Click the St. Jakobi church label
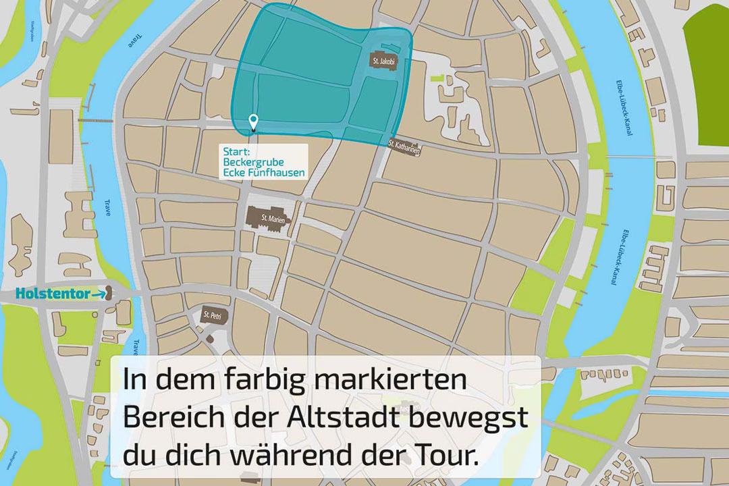pyautogui.click(x=383, y=61)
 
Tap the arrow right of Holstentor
pyautogui.click(x=98, y=294)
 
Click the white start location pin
pyautogui.click(x=253, y=122)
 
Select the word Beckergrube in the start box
pyautogui.click(x=252, y=162)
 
